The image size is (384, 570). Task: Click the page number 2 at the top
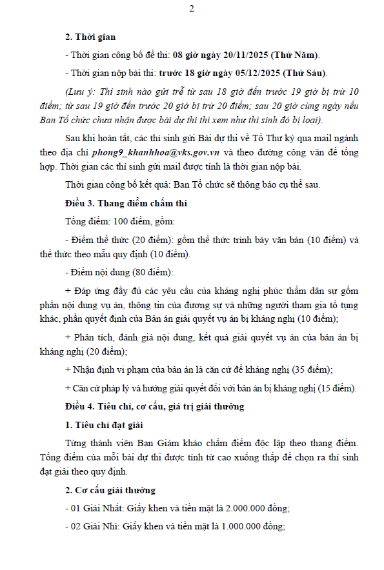pos(192,9)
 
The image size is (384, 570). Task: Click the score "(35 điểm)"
pos(312,369)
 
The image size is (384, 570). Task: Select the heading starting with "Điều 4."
pos(154,406)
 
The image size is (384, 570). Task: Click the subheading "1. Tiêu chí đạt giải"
pos(105,424)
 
